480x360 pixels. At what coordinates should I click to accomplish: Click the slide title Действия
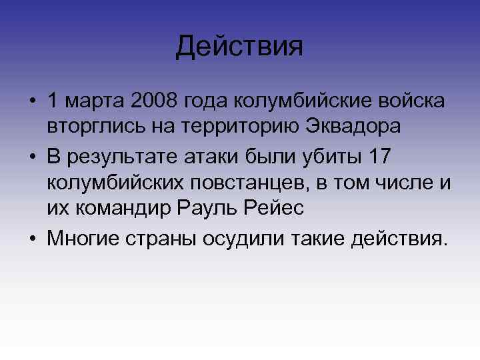point(240,46)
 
